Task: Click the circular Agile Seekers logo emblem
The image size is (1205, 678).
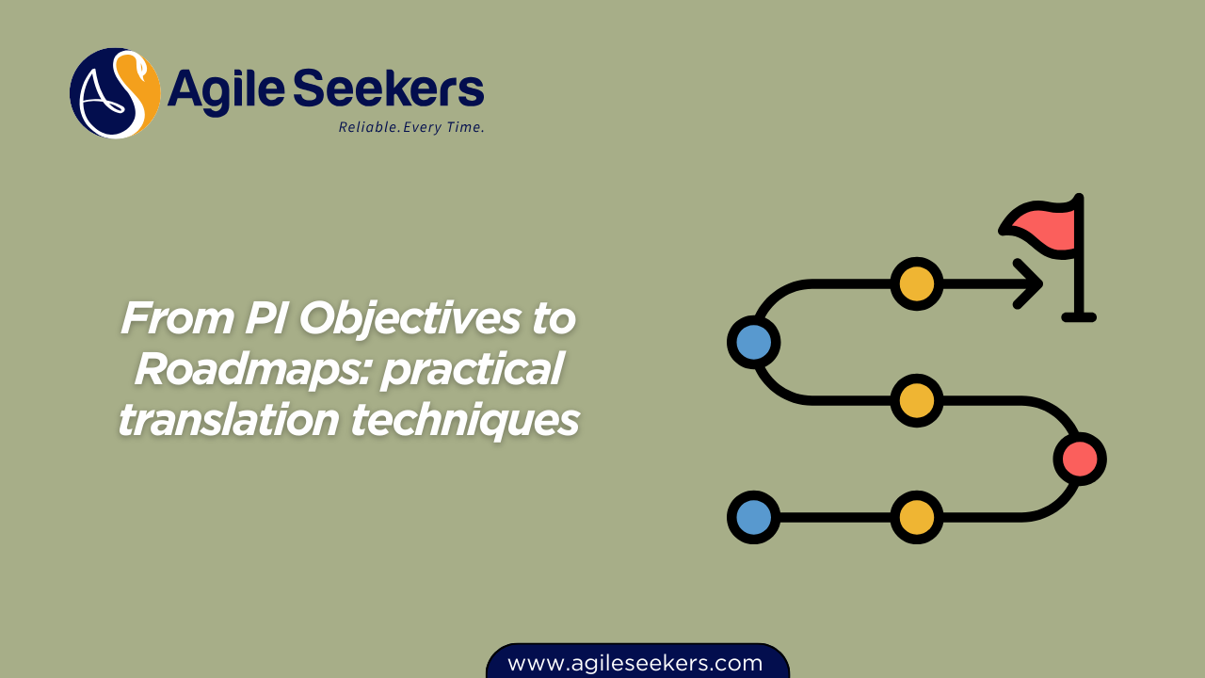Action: pyautogui.click(x=115, y=93)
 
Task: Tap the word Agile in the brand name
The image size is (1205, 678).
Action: pyautogui.click(x=227, y=90)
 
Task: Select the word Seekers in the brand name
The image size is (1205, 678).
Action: pyautogui.click(x=389, y=88)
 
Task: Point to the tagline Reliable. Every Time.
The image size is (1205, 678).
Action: pyautogui.click(x=411, y=127)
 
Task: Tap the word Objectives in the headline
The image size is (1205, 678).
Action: pyautogui.click(x=410, y=321)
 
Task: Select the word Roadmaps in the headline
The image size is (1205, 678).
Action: pyautogui.click(x=252, y=371)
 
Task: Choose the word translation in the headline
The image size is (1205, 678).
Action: pyautogui.click(x=229, y=419)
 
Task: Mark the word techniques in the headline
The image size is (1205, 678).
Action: pyautogui.click(x=465, y=421)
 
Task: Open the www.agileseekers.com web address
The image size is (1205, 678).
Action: pyautogui.click(x=635, y=663)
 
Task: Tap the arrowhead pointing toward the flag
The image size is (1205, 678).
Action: pyautogui.click(x=1029, y=283)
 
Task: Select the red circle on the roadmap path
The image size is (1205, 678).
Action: pyautogui.click(x=1080, y=459)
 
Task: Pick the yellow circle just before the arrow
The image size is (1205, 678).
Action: pyautogui.click(x=917, y=283)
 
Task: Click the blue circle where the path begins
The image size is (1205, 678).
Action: pyautogui.click(x=754, y=517)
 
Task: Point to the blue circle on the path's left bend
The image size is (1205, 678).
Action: pyautogui.click(x=754, y=342)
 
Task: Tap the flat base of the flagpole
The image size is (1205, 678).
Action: pyautogui.click(x=1079, y=317)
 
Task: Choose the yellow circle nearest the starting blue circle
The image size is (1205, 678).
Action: pyautogui.click(x=917, y=517)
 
